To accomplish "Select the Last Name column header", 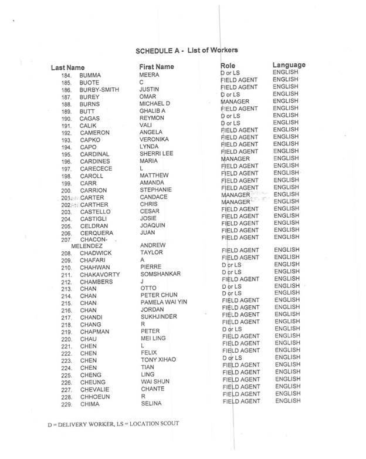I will coord(67,67).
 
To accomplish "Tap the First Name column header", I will coord(157,67).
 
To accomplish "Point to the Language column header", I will coord(289,65).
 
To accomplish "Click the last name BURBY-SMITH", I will coord(100,90).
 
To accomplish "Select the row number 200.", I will coord(66,191).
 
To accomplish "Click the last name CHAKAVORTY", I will coord(100,275).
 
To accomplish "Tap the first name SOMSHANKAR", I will coord(160,274).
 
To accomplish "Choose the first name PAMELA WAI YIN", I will coord(163,302).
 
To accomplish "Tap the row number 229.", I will coord(66,404).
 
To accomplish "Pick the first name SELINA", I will coord(151,403).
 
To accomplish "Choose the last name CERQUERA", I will coord(97,233).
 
